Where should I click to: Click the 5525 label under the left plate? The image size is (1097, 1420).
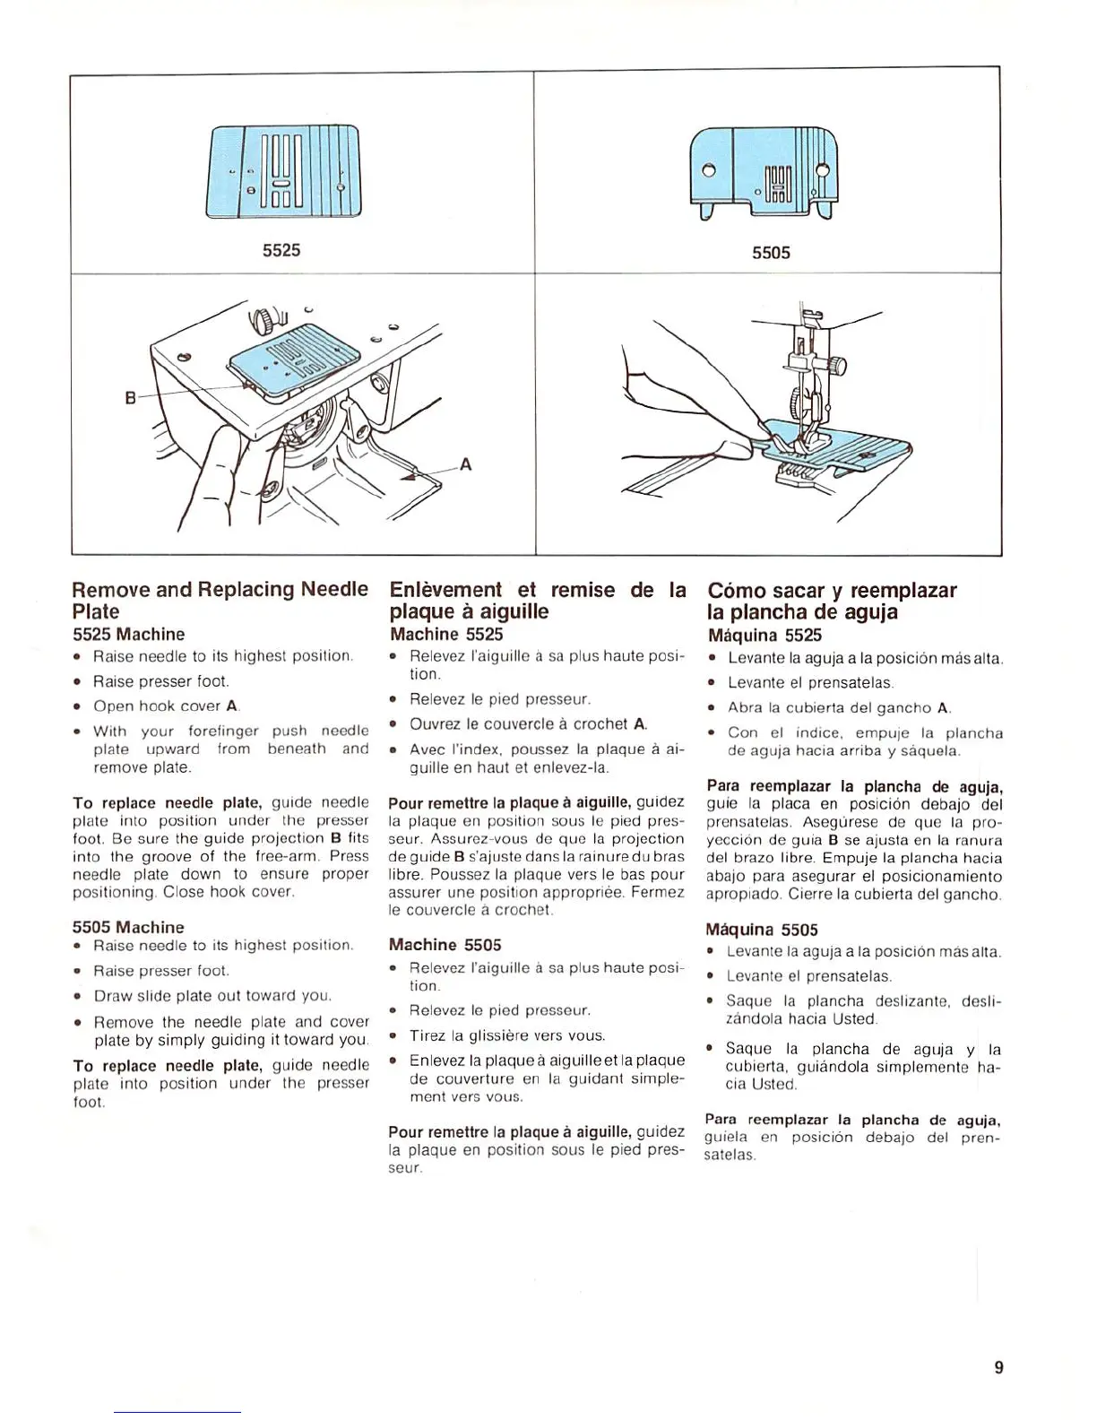pos(281,250)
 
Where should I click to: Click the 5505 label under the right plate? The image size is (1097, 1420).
pos(771,253)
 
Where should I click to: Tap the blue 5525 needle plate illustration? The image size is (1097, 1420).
pos(283,172)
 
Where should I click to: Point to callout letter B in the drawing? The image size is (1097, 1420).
pos(130,398)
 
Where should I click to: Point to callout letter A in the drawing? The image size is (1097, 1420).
pos(465,464)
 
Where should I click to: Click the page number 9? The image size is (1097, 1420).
pos(998,1367)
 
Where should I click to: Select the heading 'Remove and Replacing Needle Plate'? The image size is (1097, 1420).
pos(220,600)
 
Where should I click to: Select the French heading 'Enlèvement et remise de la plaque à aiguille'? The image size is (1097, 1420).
pos(537,600)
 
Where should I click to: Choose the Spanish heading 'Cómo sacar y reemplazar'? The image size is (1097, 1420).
pos(832,591)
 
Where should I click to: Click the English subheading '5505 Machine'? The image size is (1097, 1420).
pos(128,927)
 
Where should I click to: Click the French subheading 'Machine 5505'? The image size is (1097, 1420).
pos(445,945)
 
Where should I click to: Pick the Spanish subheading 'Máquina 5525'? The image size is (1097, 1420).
pos(764,636)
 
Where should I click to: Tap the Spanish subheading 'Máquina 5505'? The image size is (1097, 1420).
pos(762,930)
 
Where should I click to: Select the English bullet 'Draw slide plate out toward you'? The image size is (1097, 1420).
pos(212,996)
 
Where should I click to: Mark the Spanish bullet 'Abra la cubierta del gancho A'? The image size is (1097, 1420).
pos(838,708)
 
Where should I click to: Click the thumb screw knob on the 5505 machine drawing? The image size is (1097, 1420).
pos(838,367)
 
